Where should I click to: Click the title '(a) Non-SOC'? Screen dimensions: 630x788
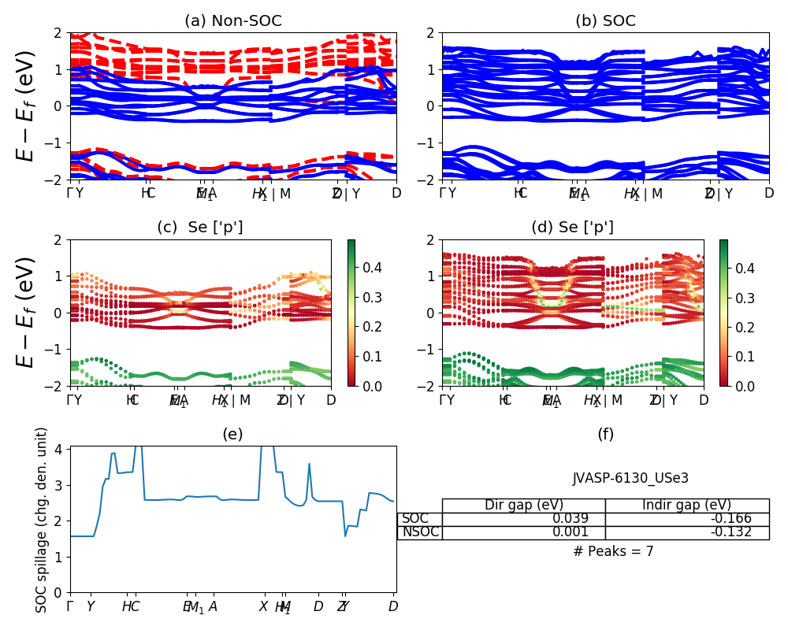(x=232, y=21)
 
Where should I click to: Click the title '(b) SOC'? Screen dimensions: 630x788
(x=605, y=21)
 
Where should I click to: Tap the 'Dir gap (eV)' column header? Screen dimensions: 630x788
(x=523, y=506)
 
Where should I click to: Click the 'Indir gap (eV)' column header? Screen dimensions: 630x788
(x=686, y=506)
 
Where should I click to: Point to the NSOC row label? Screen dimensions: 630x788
(x=420, y=532)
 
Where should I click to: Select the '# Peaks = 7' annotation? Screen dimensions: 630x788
(x=613, y=551)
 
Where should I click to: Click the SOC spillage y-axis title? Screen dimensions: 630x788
(x=43, y=520)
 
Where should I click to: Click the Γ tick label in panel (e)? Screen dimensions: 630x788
(x=70, y=607)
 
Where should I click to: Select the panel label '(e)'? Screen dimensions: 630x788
(x=232, y=434)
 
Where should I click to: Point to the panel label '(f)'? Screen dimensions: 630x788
(x=605, y=434)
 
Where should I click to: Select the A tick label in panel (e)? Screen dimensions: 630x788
(x=213, y=607)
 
